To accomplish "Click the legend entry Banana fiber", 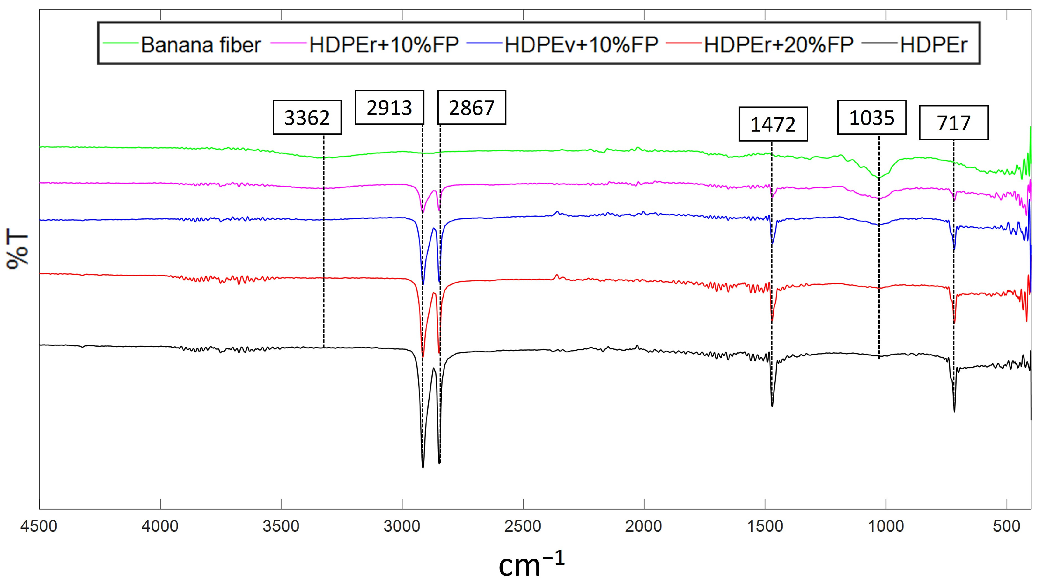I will pos(200,44).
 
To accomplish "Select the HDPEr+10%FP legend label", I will pos(384,44).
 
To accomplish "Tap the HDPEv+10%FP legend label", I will pos(581,44).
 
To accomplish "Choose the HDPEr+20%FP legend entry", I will pos(779,44).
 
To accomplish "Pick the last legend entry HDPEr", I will pos(934,44).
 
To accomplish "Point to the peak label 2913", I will pos(389,107).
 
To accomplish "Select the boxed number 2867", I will pos(471,107).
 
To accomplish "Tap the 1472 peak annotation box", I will pos(773,124).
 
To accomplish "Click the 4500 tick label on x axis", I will pos(39,526).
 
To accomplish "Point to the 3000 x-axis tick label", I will pos(402,526).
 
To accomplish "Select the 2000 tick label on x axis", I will pos(644,526).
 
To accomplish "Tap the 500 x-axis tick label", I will pos(1007,526).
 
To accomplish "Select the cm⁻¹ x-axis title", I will pos(531,564).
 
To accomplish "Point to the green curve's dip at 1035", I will pos(878,178).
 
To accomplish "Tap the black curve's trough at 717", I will pos(954,411).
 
